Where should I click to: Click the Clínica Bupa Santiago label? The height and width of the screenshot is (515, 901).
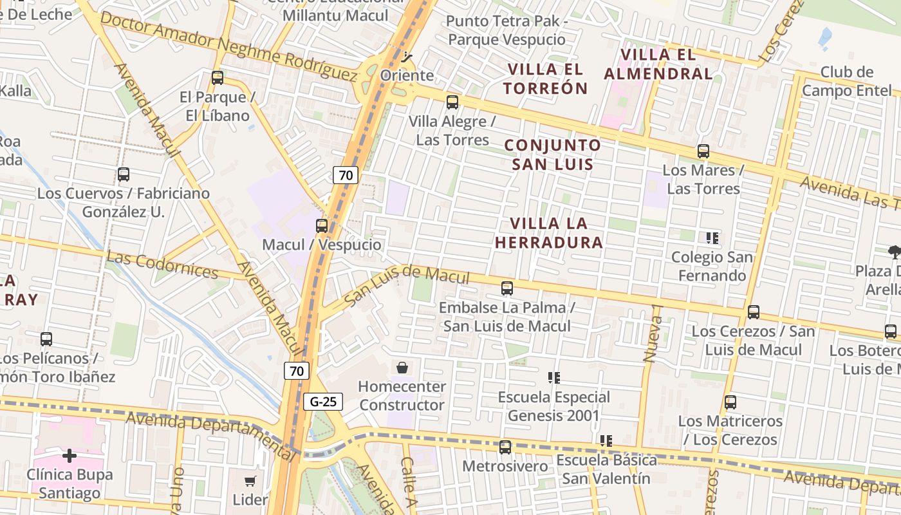(x=70, y=484)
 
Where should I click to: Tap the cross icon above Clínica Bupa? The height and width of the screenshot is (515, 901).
(x=70, y=456)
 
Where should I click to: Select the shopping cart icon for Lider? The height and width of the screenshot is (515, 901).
(x=250, y=481)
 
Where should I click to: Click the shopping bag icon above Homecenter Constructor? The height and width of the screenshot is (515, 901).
(x=402, y=368)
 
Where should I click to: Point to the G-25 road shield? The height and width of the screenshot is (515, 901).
(x=323, y=402)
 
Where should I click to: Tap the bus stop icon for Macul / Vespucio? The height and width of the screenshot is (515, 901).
(x=322, y=226)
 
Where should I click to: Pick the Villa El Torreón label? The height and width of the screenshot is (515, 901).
(x=546, y=79)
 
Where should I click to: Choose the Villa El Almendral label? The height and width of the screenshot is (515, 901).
(x=658, y=64)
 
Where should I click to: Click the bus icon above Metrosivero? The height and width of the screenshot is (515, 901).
(x=505, y=447)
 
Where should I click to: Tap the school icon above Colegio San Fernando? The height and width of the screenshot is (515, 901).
(x=712, y=238)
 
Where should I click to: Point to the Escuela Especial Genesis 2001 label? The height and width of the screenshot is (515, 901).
(x=553, y=406)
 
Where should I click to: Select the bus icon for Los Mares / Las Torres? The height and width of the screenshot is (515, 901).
(x=703, y=151)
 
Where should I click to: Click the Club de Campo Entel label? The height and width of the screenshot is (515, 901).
(x=846, y=81)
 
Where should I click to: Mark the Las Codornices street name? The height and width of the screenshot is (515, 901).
(x=162, y=265)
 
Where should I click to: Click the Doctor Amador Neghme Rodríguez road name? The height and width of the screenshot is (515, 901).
(x=228, y=47)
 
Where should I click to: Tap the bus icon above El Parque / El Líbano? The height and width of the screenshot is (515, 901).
(x=218, y=78)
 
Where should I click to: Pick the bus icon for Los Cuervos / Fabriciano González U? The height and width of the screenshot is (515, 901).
(x=124, y=174)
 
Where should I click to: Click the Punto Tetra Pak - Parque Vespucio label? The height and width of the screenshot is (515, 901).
(x=506, y=30)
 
